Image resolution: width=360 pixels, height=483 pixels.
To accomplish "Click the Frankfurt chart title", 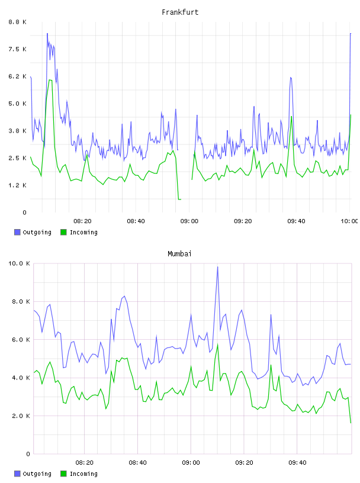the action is (180, 12).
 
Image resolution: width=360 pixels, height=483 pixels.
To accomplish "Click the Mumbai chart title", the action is (179, 253).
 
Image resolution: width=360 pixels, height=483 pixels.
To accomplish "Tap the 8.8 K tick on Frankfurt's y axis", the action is (18, 22).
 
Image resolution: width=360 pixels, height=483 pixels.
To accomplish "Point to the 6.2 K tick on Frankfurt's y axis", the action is (18, 76).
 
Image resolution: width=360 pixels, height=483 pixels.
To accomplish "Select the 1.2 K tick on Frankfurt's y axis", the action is (18, 185).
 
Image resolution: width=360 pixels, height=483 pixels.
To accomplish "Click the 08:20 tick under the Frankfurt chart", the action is (82, 221).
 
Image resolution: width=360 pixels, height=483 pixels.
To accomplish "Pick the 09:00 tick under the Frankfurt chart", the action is (189, 221).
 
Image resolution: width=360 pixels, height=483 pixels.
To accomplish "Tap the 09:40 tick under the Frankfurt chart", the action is (296, 221).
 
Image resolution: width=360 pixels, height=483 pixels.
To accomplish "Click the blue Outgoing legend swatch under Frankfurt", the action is (17, 232).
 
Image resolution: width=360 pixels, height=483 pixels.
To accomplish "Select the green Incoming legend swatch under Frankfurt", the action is (63, 232).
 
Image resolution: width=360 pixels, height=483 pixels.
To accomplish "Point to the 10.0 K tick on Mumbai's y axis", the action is (19, 263).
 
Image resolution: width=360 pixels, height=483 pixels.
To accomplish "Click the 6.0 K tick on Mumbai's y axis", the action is (21, 339).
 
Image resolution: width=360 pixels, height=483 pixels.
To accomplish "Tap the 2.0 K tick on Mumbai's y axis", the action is (21, 416).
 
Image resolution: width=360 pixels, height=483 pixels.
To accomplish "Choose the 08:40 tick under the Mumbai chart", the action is (137, 462).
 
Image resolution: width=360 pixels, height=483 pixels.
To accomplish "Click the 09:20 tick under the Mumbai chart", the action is (244, 462).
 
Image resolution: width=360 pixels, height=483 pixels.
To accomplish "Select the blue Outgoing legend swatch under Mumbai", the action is (17, 474).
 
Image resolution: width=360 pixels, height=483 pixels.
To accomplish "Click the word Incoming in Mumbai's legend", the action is (83, 474).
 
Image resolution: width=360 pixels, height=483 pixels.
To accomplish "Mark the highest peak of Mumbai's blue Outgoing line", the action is (218, 267).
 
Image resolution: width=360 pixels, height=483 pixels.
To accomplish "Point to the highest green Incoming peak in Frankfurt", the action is (50, 80).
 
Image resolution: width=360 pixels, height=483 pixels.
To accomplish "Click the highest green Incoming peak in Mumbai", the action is (218, 344).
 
